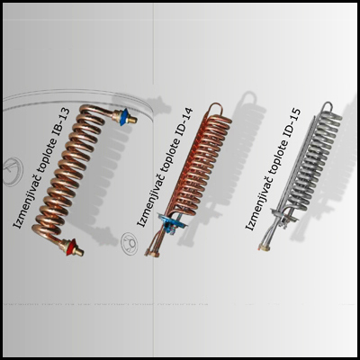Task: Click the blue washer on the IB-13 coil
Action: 123,117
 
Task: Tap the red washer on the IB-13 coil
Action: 70,247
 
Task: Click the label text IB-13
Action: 61,123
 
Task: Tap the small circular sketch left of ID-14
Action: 130,242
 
